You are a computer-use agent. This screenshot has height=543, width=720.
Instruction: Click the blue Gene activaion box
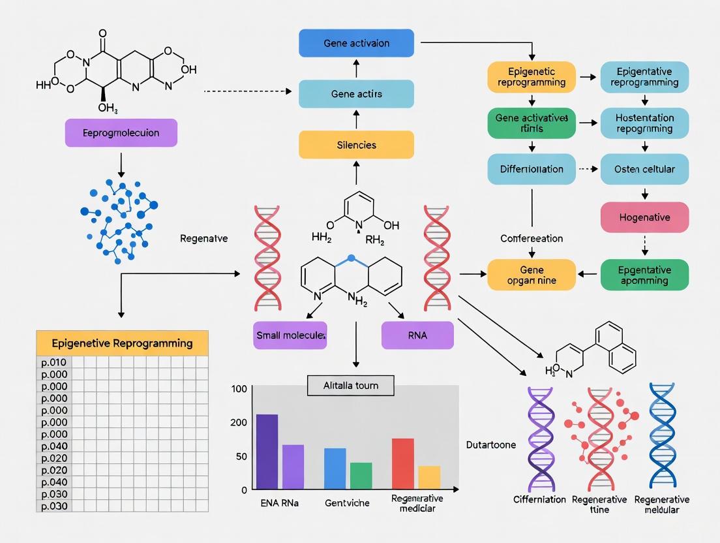click(356, 43)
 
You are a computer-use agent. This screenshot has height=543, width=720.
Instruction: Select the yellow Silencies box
click(356, 144)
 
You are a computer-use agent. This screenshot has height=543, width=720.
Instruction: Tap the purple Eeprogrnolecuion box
click(121, 132)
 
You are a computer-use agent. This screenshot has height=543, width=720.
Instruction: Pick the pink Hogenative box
click(644, 217)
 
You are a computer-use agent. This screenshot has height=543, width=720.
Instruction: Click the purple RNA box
click(417, 335)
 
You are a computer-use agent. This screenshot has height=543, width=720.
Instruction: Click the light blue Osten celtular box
click(644, 169)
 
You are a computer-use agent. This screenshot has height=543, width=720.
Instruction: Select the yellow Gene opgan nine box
click(532, 275)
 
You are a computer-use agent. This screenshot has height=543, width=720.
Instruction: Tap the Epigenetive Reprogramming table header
click(122, 343)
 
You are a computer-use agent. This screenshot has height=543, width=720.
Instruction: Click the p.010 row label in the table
click(54, 362)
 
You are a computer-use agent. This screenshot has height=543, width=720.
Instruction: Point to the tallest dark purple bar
click(267, 452)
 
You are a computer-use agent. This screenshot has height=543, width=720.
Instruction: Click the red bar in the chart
click(402, 463)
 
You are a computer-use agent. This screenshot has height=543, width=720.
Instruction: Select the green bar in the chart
click(361, 476)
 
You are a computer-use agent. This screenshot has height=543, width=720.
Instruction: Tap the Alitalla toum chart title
click(350, 385)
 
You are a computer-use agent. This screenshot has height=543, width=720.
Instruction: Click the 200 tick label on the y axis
click(239, 422)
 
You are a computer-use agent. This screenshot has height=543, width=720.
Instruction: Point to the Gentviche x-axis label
click(347, 503)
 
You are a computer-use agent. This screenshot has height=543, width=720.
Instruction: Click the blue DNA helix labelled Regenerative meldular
click(662, 436)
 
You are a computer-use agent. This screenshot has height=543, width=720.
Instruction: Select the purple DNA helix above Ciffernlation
click(541, 439)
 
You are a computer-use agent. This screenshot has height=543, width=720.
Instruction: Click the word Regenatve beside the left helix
click(203, 239)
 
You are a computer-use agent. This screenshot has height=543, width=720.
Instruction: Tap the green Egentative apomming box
click(644, 275)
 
